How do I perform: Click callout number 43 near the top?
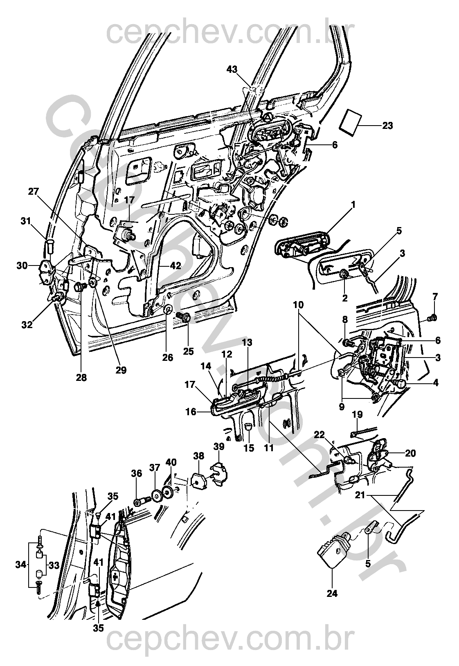(232, 70)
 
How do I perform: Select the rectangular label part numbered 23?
(351, 121)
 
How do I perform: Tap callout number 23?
(387, 126)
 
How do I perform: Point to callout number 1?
(352, 203)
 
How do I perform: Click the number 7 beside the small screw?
(434, 296)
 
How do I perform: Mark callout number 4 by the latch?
(436, 384)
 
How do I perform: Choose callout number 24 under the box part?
(332, 593)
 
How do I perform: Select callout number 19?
(357, 415)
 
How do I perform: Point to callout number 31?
(26, 222)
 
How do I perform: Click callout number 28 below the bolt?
(81, 377)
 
